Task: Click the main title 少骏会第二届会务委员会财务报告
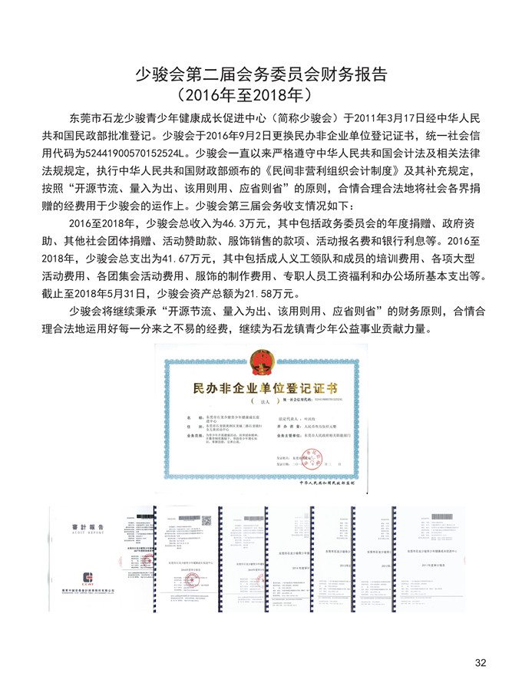[261, 74]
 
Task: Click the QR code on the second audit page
[206, 520]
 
